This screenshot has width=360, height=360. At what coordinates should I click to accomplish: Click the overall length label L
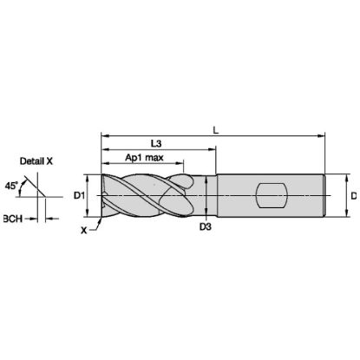click(x=215, y=131)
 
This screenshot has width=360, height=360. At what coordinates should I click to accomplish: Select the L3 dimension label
click(x=156, y=144)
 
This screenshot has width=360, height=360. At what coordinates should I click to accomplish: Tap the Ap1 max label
click(x=144, y=158)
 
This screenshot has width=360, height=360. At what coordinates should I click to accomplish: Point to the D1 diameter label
click(x=79, y=196)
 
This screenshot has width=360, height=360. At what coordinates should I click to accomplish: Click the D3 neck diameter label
click(x=206, y=227)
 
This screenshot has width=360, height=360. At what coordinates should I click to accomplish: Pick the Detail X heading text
click(x=36, y=161)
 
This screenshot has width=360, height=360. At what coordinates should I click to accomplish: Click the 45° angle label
click(x=11, y=186)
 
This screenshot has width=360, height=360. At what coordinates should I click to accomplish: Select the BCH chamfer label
click(x=13, y=219)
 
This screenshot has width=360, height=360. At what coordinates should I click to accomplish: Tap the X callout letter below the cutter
click(x=83, y=231)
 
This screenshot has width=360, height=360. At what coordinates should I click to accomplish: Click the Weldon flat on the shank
click(x=272, y=195)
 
